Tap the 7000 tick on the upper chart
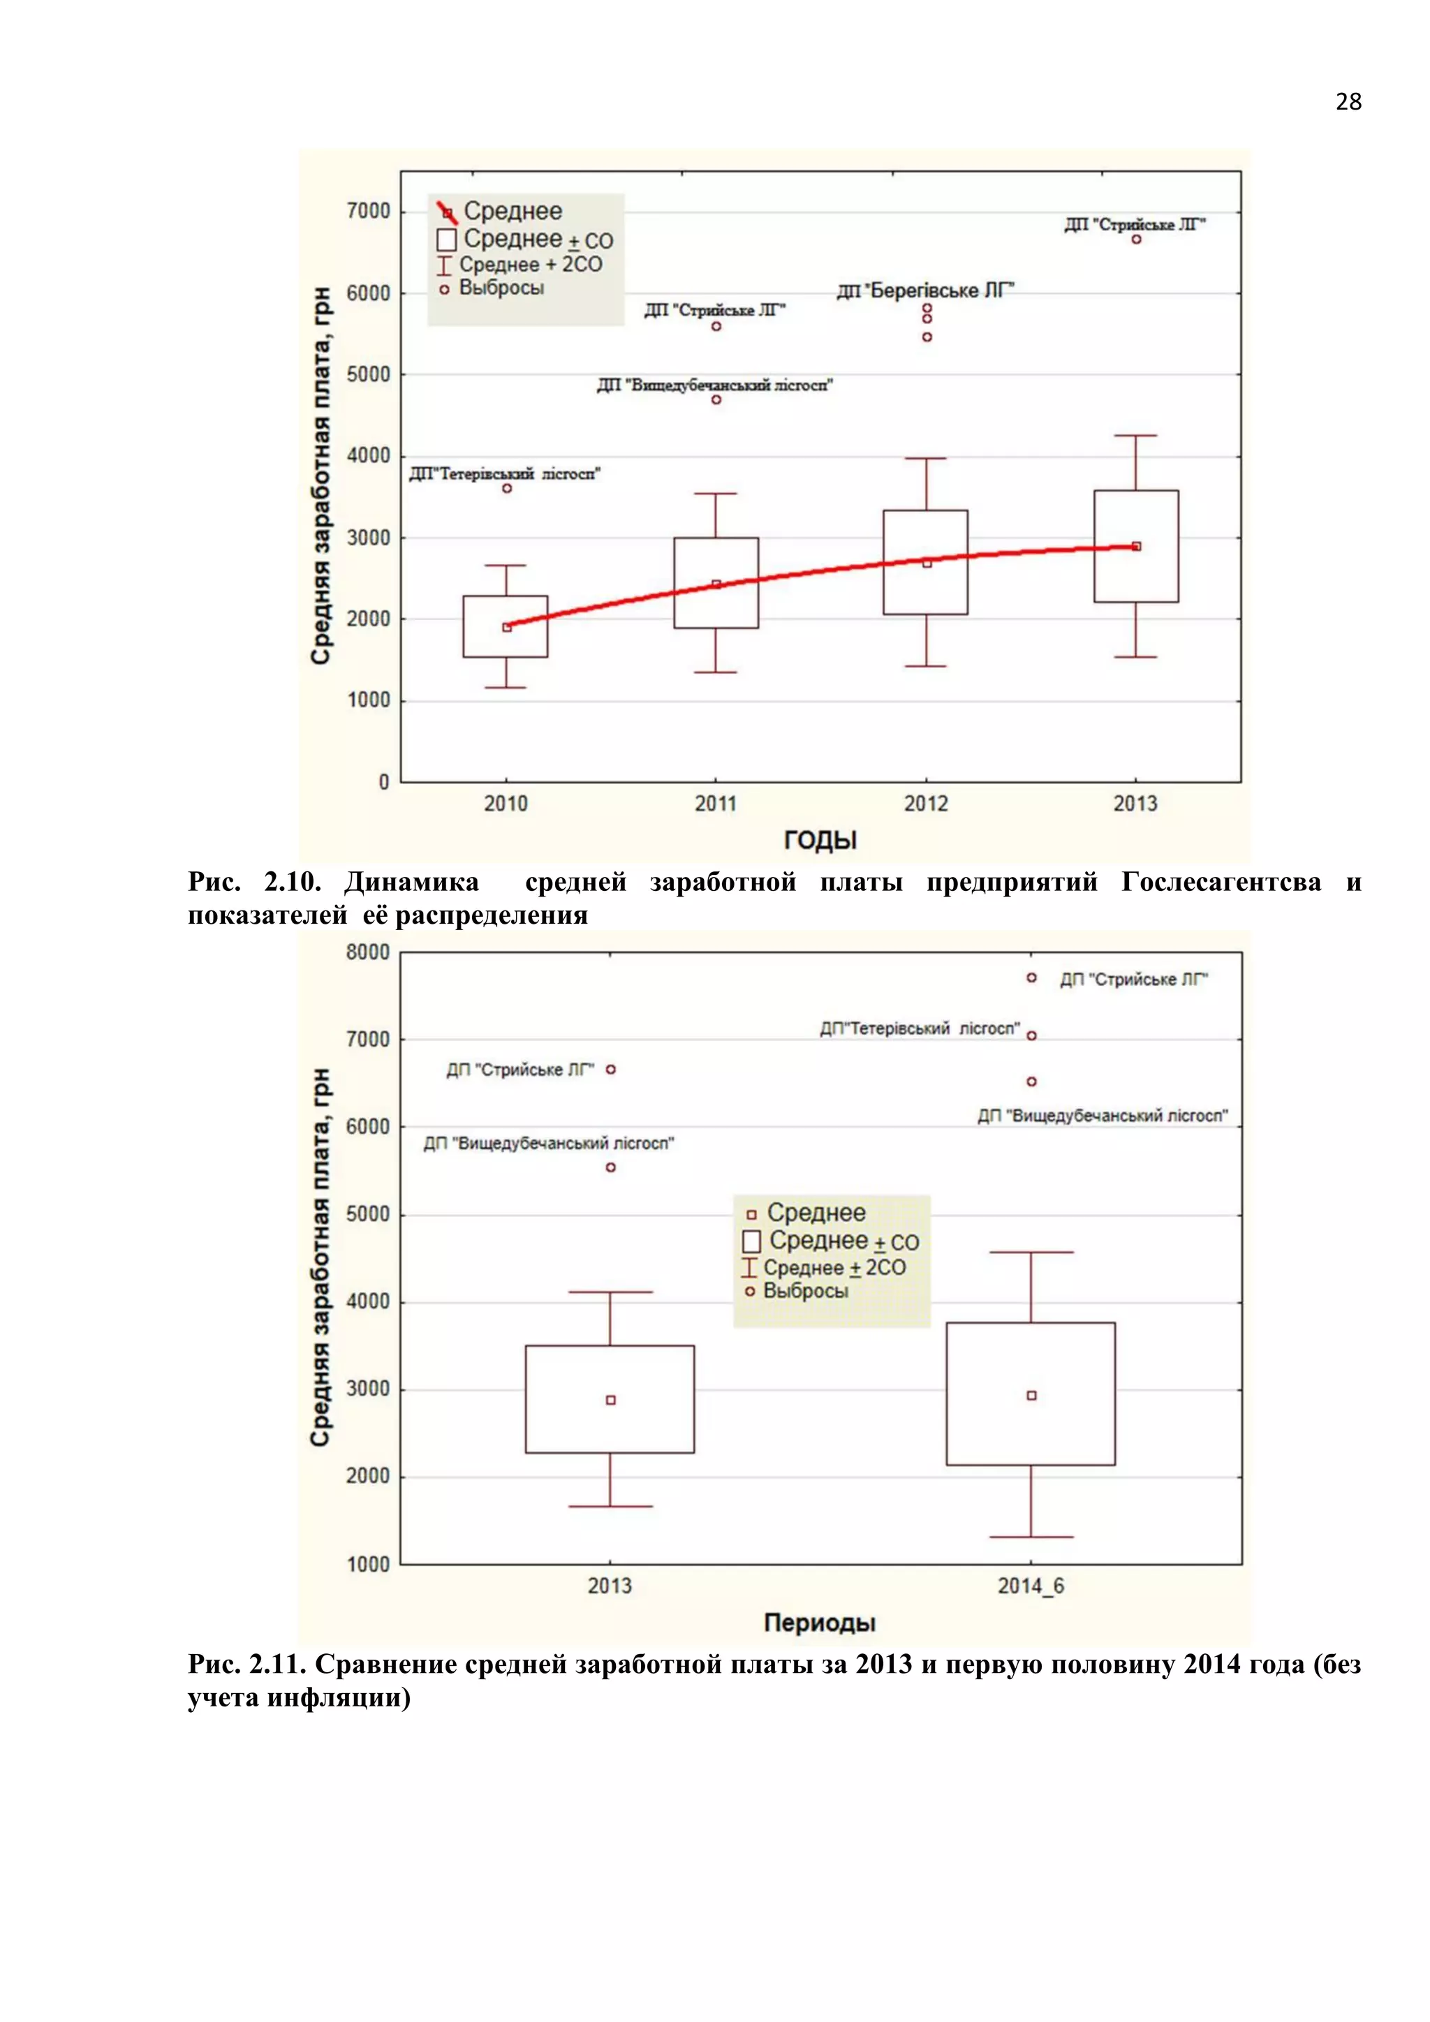pos(369,212)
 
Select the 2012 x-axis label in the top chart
pos(925,803)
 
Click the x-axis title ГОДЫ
pos(820,840)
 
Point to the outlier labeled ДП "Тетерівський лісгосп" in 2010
pos(507,489)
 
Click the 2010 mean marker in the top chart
pos(507,627)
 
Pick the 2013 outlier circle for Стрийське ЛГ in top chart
pos(1137,239)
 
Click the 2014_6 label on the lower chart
pos(1030,1586)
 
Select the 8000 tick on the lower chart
pos(368,952)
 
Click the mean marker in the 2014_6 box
pos(1032,1396)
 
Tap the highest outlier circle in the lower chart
pos(1032,977)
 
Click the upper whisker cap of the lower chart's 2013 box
pos(610,1292)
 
